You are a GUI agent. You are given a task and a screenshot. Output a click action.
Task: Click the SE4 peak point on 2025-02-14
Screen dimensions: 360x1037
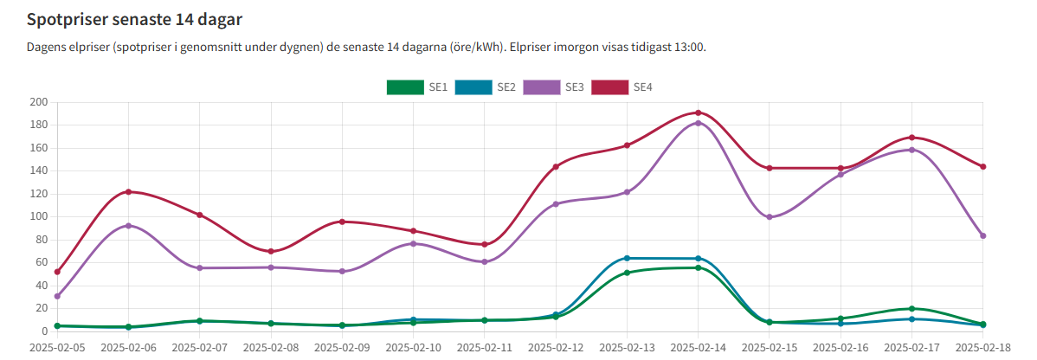(698, 112)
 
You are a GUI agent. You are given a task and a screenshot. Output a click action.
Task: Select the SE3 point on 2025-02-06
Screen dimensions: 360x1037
(128, 226)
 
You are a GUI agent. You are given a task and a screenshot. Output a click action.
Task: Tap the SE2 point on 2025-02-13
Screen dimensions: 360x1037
(627, 258)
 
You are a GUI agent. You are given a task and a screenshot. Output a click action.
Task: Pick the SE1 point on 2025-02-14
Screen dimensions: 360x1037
(698, 267)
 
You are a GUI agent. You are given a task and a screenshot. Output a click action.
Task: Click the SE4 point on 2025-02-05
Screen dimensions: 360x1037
(57, 272)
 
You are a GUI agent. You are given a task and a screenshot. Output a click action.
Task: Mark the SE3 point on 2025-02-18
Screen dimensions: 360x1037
(982, 235)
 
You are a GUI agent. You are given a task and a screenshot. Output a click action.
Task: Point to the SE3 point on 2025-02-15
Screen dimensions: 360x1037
(770, 217)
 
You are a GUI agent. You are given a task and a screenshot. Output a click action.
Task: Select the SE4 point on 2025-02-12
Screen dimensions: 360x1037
(556, 166)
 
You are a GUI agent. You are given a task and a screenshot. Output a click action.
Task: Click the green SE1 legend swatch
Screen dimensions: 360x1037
(403, 87)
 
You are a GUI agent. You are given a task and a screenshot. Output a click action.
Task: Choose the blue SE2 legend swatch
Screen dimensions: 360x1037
(472, 87)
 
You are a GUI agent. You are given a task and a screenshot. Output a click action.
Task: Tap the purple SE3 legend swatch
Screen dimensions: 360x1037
(540, 87)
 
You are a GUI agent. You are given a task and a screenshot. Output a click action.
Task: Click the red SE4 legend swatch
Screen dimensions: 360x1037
(609, 87)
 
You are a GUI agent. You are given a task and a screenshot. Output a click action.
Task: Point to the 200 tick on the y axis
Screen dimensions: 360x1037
(38, 102)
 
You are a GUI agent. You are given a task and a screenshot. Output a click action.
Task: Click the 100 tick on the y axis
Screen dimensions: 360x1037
(38, 217)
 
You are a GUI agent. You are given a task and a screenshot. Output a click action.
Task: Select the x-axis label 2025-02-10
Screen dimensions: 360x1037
(413, 348)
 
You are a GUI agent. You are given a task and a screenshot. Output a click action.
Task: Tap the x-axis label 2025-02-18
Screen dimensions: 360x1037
(982, 348)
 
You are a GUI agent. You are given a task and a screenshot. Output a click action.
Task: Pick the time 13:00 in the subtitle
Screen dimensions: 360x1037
(689, 47)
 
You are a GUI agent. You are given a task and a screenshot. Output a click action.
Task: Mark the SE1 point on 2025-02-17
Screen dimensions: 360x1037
(911, 309)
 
